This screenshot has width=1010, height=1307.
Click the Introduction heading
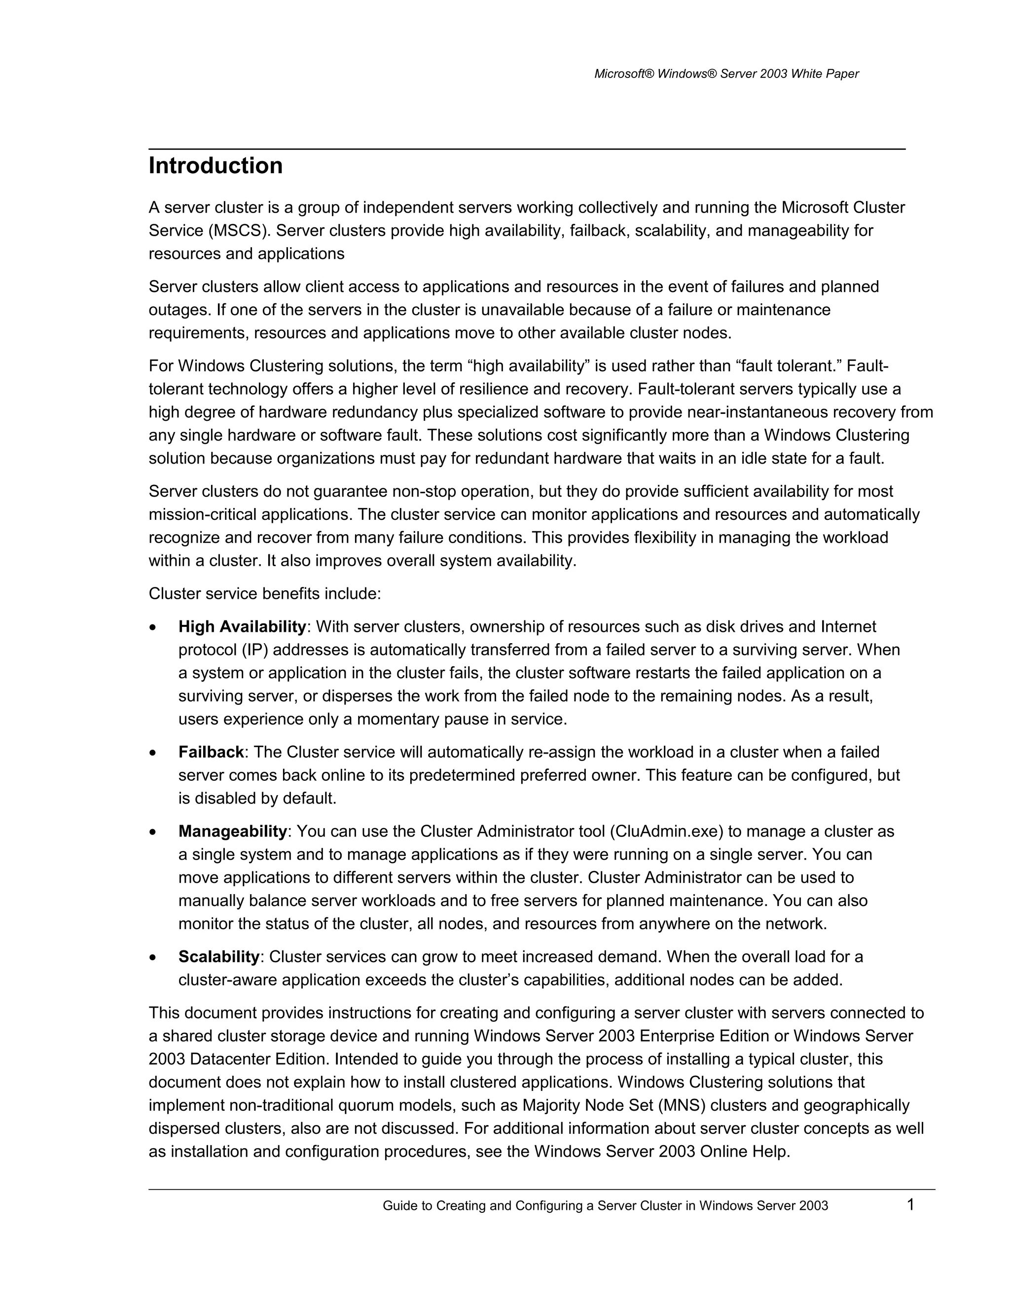click(216, 166)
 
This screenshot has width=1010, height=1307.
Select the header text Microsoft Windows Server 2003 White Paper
click(726, 73)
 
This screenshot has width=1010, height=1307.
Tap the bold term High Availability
click(242, 626)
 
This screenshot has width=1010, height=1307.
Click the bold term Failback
click(211, 752)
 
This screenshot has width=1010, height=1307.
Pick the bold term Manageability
click(233, 831)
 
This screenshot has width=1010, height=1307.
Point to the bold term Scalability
click(218, 956)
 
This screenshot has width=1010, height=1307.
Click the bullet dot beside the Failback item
click(154, 753)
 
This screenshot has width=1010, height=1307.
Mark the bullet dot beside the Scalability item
click(154, 957)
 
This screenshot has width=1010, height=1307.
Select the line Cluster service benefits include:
click(264, 594)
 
